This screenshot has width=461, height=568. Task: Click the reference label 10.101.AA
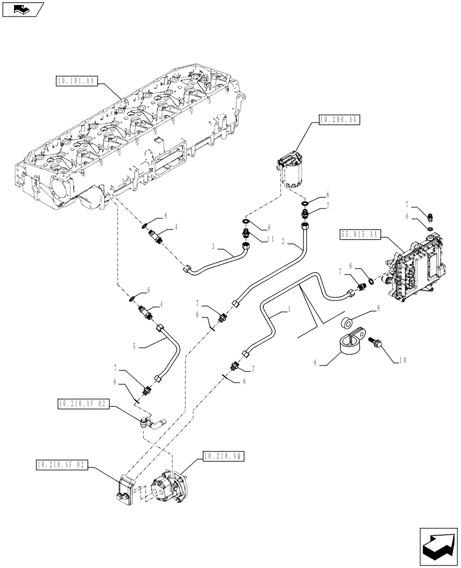click(78, 81)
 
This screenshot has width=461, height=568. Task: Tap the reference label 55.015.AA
click(359, 233)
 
